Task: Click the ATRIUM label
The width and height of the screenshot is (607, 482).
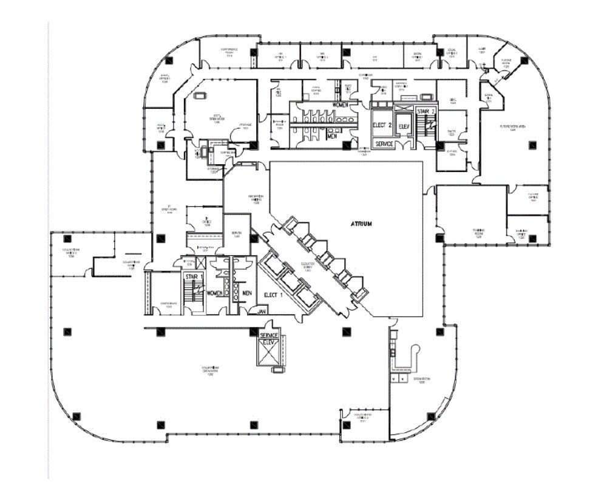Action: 361,224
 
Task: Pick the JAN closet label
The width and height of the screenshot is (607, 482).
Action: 262,311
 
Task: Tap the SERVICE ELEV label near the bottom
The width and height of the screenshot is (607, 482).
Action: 269,339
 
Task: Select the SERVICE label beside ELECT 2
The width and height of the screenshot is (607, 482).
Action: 384,144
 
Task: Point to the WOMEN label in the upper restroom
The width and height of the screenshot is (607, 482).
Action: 340,105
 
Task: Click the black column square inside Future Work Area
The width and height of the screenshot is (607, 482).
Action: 532,145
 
